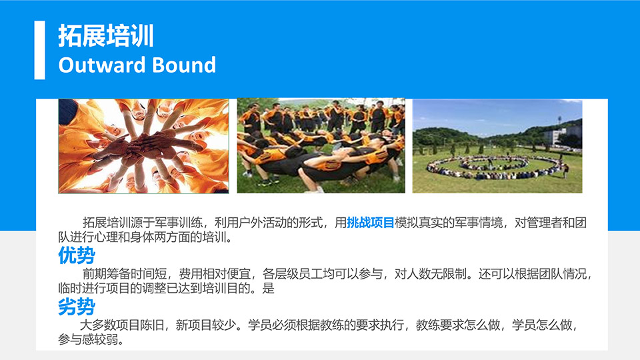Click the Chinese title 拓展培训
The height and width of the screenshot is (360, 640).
[106, 35]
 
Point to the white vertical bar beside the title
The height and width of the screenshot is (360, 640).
[39, 50]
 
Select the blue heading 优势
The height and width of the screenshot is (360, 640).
[76, 255]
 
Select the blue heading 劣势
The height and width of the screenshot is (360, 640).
[76, 307]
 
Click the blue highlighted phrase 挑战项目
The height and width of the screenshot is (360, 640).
[370, 223]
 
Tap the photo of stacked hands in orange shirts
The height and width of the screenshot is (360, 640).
[144, 146]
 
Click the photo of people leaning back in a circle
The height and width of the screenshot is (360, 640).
[321, 146]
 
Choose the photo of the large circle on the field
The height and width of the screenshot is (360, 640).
[497, 146]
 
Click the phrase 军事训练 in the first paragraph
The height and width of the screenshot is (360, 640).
[179, 223]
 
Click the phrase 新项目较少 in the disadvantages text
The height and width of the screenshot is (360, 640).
[206, 325]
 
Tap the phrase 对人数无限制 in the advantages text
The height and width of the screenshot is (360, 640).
[430, 273]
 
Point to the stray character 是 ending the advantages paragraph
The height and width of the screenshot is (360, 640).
[268, 288]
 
